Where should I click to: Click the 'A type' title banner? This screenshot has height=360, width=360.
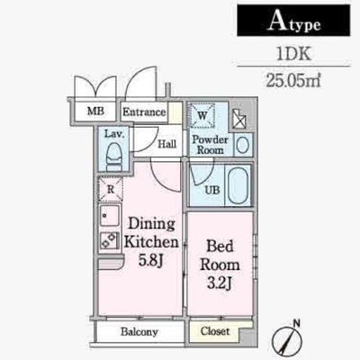click(x=293, y=21)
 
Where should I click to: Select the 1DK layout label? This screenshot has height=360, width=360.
click(x=293, y=54)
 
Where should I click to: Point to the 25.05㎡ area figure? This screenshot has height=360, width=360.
click(x=293, y=80)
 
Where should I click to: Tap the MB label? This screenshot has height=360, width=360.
click(x=95, y=111)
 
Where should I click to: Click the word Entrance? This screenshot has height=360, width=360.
click(x=144, y=112)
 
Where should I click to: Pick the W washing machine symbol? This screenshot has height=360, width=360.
click(x=202, y=116)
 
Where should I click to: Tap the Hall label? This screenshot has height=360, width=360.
click(x=167, y=144)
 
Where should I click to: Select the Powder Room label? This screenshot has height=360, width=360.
click(x=210, y=144)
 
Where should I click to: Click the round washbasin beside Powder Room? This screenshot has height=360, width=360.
click(x=243, y=145)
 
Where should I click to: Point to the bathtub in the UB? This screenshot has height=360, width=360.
click(x=238, y=185)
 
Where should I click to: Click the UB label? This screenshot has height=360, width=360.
click(x=212, y=190)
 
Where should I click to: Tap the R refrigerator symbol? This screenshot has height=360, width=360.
click(x=111, y=189)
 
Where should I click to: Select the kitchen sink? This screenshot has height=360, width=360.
click(x=110, y=216)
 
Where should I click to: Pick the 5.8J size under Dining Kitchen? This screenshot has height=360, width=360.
click(x=150, y=260)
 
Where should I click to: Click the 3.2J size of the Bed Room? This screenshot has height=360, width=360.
click(x=220, y=283)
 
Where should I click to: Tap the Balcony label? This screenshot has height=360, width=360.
click(x=139, y=332)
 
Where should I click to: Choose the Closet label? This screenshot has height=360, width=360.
click(x=215, y=331)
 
